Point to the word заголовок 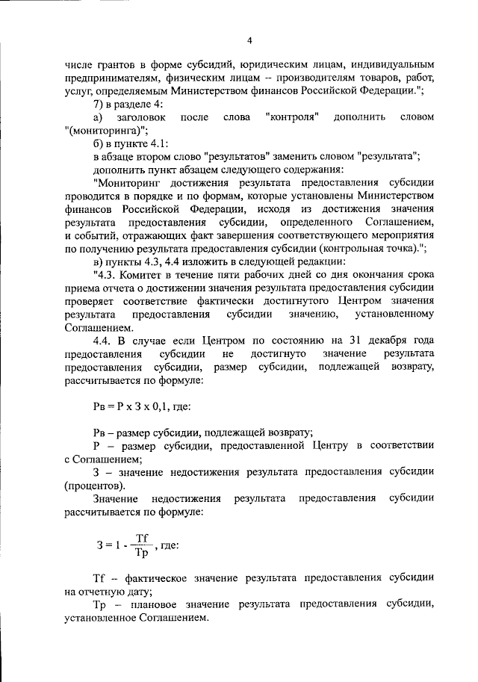point(140,117)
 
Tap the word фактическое point(154,578)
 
